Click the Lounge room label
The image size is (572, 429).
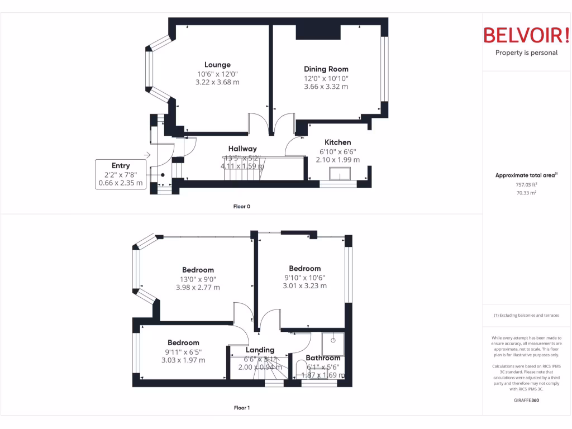(x=217, y=65)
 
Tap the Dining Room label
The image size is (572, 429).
(x=326, y=69)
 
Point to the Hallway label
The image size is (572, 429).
(x=242, y=149)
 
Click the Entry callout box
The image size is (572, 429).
(x=121, y=174)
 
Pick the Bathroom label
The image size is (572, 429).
(x=323, y=358)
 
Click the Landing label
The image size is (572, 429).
(x=260, y=350)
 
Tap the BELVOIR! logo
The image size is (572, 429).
(x=526, y=35)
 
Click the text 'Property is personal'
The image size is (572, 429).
(x=526, y=53)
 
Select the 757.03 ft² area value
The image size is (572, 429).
(x=526, y=184)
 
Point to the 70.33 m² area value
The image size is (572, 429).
(x=526, y=193)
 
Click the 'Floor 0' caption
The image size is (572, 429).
(x=241, y=207)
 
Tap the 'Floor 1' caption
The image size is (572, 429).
(x=241, y=408)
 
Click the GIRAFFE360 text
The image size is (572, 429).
(x=526, y=400)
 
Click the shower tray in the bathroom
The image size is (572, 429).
(x=333, y=344)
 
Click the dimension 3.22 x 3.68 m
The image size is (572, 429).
(x=217, y=82)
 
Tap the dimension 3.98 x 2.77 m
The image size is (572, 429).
(x=198, y=288)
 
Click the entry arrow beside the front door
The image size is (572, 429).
(x=147, y=155)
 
